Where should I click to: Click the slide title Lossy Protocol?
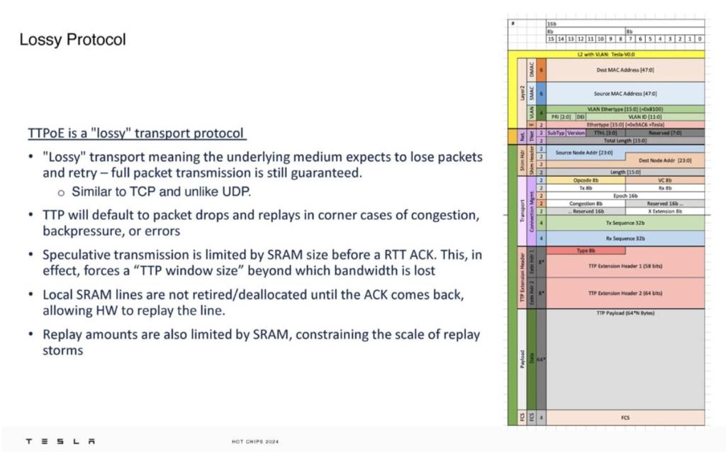[x=72, y=40]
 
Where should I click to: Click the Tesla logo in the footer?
[x=60, y=441]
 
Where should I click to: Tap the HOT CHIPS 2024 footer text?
[x=255, y=442]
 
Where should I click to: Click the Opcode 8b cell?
[x=586, y=181]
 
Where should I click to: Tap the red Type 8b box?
[x=586, y=250]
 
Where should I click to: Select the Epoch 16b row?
[x=625, y=196]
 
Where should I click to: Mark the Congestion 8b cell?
[x=586, y=204]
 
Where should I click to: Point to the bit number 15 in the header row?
[x=550, y=39]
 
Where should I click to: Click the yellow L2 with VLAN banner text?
[x=605, y=54]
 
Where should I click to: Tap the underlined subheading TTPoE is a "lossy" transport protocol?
[x=136, y=133]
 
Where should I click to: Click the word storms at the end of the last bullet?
[x=62, y=351]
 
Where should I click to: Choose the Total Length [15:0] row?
[x=625, y=141]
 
